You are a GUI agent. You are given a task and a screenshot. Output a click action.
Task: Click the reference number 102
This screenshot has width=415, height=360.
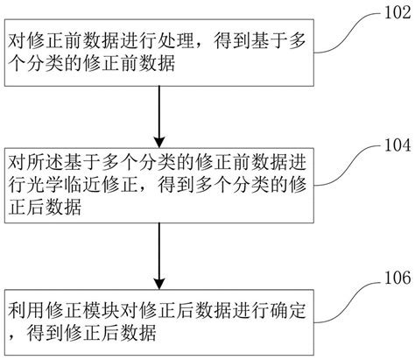pyautogui.click(x=397, y=12)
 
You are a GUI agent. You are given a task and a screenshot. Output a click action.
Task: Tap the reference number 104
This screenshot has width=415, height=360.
pyautogui.click(x=397, y=145)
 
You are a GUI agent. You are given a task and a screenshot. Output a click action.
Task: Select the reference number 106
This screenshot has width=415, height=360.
pyautogui.click(x=397, y=278)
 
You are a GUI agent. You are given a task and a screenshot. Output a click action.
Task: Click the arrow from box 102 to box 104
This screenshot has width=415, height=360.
pyautogui.click(x=159, y=116)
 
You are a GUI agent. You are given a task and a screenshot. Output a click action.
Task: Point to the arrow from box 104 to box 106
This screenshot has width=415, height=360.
pyautogui.click(x=159, y=256)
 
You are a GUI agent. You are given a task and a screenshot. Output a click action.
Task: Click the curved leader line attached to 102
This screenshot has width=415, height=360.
pyautogui.click(x=349, y=32)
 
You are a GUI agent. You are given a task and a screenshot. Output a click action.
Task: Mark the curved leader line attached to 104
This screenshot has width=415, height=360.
pyautogui.click(x=349, y=165)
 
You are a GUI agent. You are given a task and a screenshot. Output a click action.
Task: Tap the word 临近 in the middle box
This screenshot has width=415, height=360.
pyautogui.click(x=81, y=185)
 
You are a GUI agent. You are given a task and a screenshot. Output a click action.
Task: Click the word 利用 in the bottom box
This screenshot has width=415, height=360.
pyautogui.click(x=25, y=310)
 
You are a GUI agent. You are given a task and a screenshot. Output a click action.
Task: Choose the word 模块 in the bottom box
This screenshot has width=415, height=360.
pyautogui.click(x=101, y=310)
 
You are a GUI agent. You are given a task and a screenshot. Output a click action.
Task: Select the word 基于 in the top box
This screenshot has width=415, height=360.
pyautogui.click(x=270, y=41)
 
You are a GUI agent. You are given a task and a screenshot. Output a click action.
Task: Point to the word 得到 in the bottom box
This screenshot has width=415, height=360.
pyautogui.click(x=44, y=333)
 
